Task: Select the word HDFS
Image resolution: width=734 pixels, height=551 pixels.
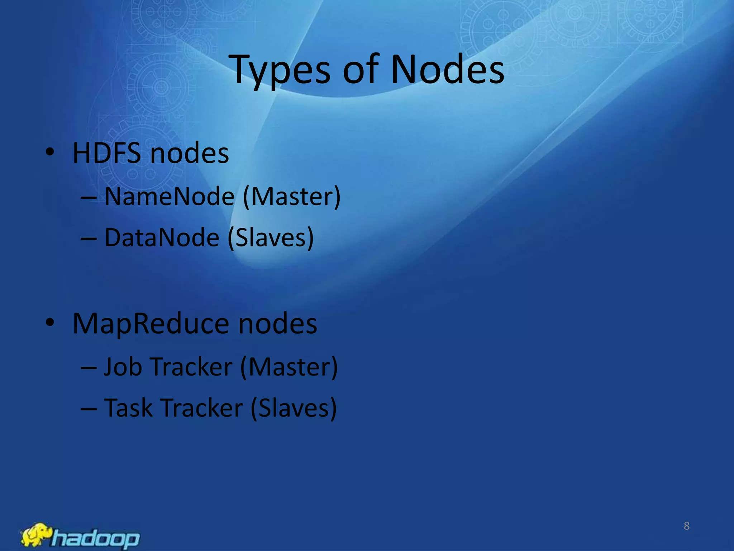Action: [x=107, y=153]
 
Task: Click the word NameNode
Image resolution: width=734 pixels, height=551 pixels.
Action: [x=170, y=197]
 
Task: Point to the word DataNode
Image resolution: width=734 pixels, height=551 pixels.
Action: [x=162, y=237]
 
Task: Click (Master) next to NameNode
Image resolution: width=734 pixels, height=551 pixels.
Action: [x=292, y=197]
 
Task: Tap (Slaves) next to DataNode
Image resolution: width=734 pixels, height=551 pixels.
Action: [x=271, y=237]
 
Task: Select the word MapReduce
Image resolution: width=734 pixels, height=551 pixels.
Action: [x=151, y=324]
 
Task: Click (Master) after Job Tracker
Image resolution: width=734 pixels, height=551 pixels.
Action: [x=289, y=367]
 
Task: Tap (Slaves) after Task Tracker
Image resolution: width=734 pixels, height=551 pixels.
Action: [x=294, y=408]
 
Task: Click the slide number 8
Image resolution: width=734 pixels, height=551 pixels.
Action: [x=687, y=526]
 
